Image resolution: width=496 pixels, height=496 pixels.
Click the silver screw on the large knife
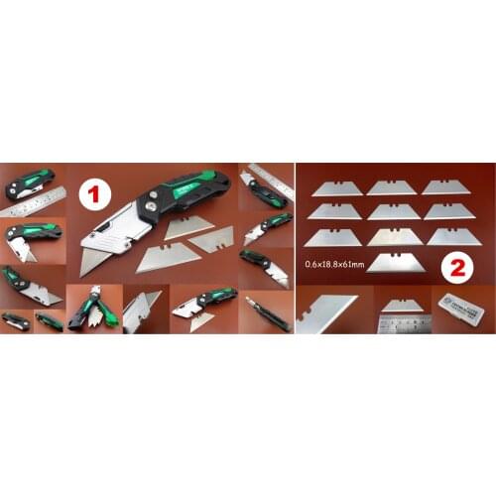tap(154, 194)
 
